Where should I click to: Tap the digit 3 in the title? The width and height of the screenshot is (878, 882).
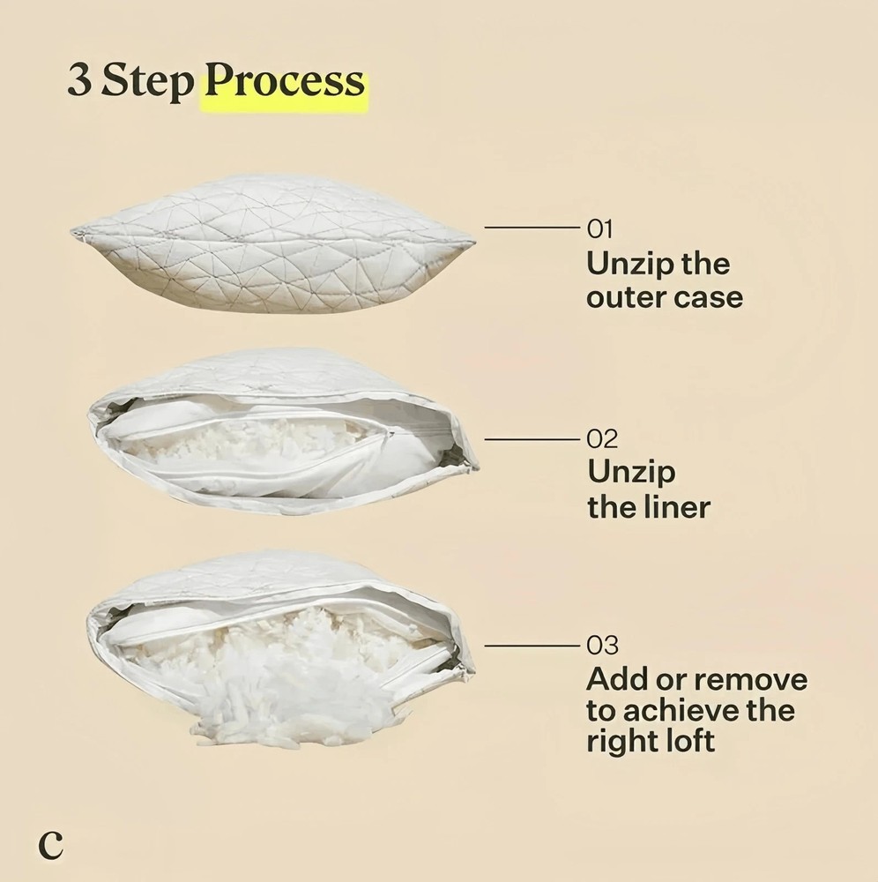pyautogui.click(x=80, y=80)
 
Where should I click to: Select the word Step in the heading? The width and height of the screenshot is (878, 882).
pyautogui.click(x=147, y=82)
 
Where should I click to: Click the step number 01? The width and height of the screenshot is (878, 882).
pyautogui.click(x=599, y=229)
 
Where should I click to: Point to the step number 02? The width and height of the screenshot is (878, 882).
pyautogui.click(x=602, y=438)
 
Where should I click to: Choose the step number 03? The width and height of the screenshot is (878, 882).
pyautogui.click(x=603, y=646)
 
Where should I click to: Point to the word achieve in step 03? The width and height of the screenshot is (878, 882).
pyautogui.click(x=681, y=710)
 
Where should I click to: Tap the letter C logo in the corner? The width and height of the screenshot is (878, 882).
pyautogui.click(x=50, y=845)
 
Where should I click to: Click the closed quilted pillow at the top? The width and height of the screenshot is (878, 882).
pyautogui.click(x=273, y=243)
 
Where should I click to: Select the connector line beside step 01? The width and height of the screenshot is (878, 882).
pyautogui.click(x=532, y=228)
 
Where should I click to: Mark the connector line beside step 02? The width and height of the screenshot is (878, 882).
pyautogui.click(x=532, y=438)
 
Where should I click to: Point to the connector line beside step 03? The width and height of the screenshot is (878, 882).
pyautogui.click(x=532, y=646)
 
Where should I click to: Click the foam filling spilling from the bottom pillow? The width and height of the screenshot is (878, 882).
pyautogui.click(x=286, y=686)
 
